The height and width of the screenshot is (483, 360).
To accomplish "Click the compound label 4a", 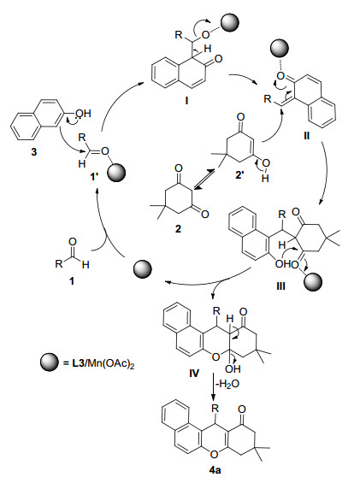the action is tap(215, 470).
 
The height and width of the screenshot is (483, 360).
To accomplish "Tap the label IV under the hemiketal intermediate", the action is tap(194, 374).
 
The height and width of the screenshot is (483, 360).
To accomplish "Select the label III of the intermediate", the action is tap(280, 286).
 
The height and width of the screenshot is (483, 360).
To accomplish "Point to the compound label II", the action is tap(306, 136).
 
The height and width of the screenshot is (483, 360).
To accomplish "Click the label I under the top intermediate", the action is tap(186, 100).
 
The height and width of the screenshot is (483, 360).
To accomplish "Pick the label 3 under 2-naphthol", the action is tap(34, 152).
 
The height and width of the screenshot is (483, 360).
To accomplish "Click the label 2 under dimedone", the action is tap(178, 229).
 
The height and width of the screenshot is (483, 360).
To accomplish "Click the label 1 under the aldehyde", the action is tap(72, 280).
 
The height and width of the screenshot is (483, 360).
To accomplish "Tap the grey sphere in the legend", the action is tap(50, 362).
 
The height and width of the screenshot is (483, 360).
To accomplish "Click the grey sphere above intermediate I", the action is tap(230, 22).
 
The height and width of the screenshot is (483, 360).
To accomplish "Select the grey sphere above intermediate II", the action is tap(280, 49).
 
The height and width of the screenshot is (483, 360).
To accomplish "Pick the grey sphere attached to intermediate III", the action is tap(314, 281).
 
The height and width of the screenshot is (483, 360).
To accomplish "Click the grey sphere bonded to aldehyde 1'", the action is tap(117, 173).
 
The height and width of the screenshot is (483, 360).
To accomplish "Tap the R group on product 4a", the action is tap(215, 409).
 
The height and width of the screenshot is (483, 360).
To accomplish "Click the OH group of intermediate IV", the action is tap(233, 368).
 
